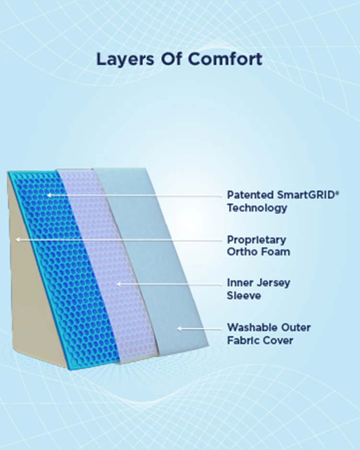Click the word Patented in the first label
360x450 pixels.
(250, 195)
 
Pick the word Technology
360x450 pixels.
(257, 208)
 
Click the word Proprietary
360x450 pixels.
(256, 239)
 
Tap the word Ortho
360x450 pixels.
(242, 252)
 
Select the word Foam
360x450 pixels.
(275, 252)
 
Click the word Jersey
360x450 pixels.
(273, 283)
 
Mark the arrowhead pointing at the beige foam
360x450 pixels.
(17, 239)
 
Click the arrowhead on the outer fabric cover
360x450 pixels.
(179, 328)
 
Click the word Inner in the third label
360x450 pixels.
(238, 283)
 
